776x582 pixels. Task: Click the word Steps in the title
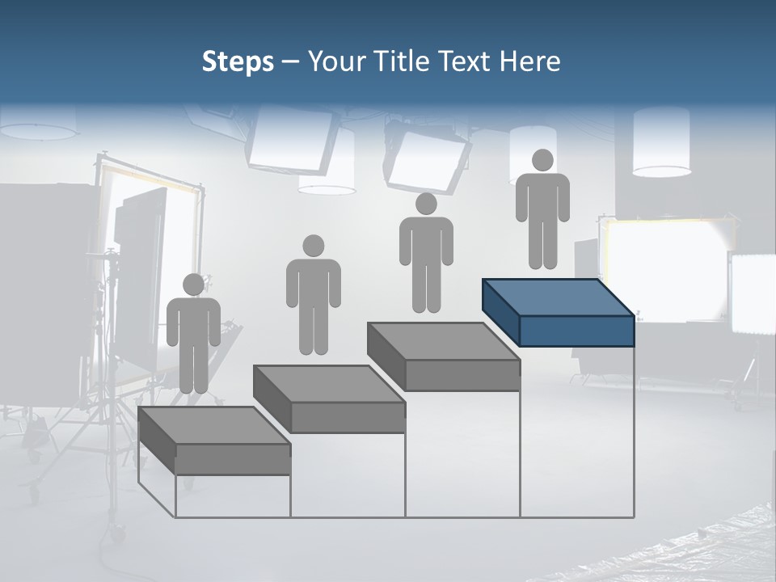pos(238,62)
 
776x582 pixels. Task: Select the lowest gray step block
pos(214,441)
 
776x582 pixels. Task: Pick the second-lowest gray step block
pos(329,399)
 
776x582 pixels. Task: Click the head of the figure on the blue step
pos(542,160)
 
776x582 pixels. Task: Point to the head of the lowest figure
pos(193,285)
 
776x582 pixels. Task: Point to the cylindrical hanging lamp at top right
pos(661,142)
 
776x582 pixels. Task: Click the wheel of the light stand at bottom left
pos(118,533)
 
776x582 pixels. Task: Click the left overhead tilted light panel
pos(291,142)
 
